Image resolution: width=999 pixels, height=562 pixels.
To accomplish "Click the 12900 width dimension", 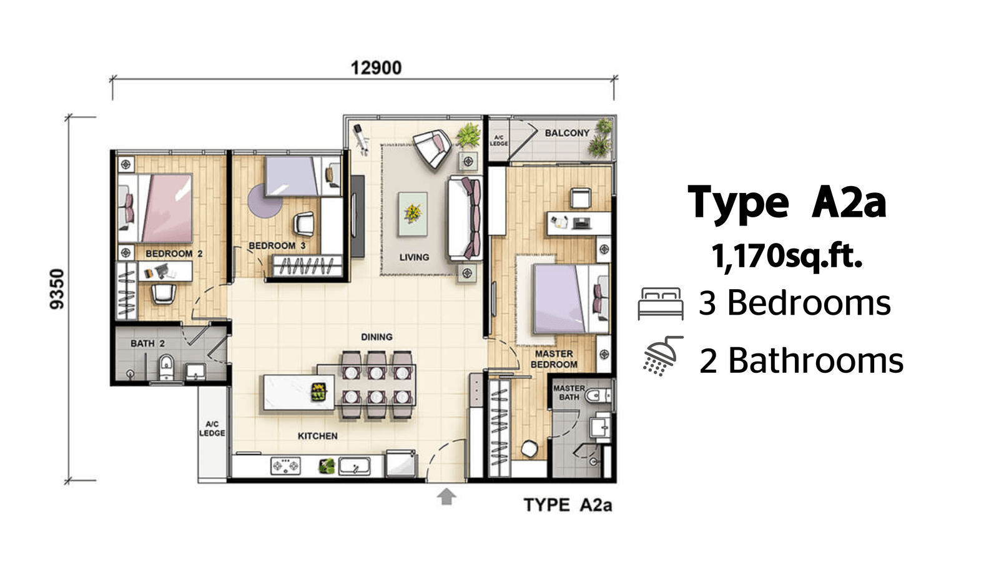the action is pos(376,68).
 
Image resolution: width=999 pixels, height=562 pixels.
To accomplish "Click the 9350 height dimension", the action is pos(57,289).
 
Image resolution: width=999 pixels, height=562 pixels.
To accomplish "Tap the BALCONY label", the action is pos(567,133).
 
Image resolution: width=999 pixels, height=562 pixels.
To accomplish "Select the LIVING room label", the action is pos(414,257).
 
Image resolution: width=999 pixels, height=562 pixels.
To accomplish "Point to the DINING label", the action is pos(377,337).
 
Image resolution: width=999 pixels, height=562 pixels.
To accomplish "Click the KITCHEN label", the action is pos(318,436).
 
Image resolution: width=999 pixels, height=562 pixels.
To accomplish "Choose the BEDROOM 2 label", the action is pos(174,254).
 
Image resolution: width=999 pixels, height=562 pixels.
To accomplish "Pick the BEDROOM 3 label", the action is pos(277,245).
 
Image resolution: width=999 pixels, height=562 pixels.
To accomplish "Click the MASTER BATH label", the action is pos(569,393).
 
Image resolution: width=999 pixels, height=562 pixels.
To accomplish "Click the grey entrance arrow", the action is pos(446,496).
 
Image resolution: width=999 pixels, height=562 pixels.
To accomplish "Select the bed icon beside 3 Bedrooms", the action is pos(661,303).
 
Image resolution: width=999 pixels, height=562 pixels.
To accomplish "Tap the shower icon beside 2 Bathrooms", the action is pos(662,355).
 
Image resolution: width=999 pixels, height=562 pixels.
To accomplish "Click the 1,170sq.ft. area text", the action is pos(787,256).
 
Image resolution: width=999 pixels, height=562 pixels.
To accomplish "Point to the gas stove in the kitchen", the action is pos(285,466).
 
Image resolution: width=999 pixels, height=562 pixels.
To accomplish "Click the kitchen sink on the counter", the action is pos(354,466).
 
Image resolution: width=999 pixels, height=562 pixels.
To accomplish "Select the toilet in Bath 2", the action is pos(166,368).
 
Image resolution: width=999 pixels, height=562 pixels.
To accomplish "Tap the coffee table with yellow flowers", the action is pos(413,214).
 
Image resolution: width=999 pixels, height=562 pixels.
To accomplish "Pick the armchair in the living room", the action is pos(431,147).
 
